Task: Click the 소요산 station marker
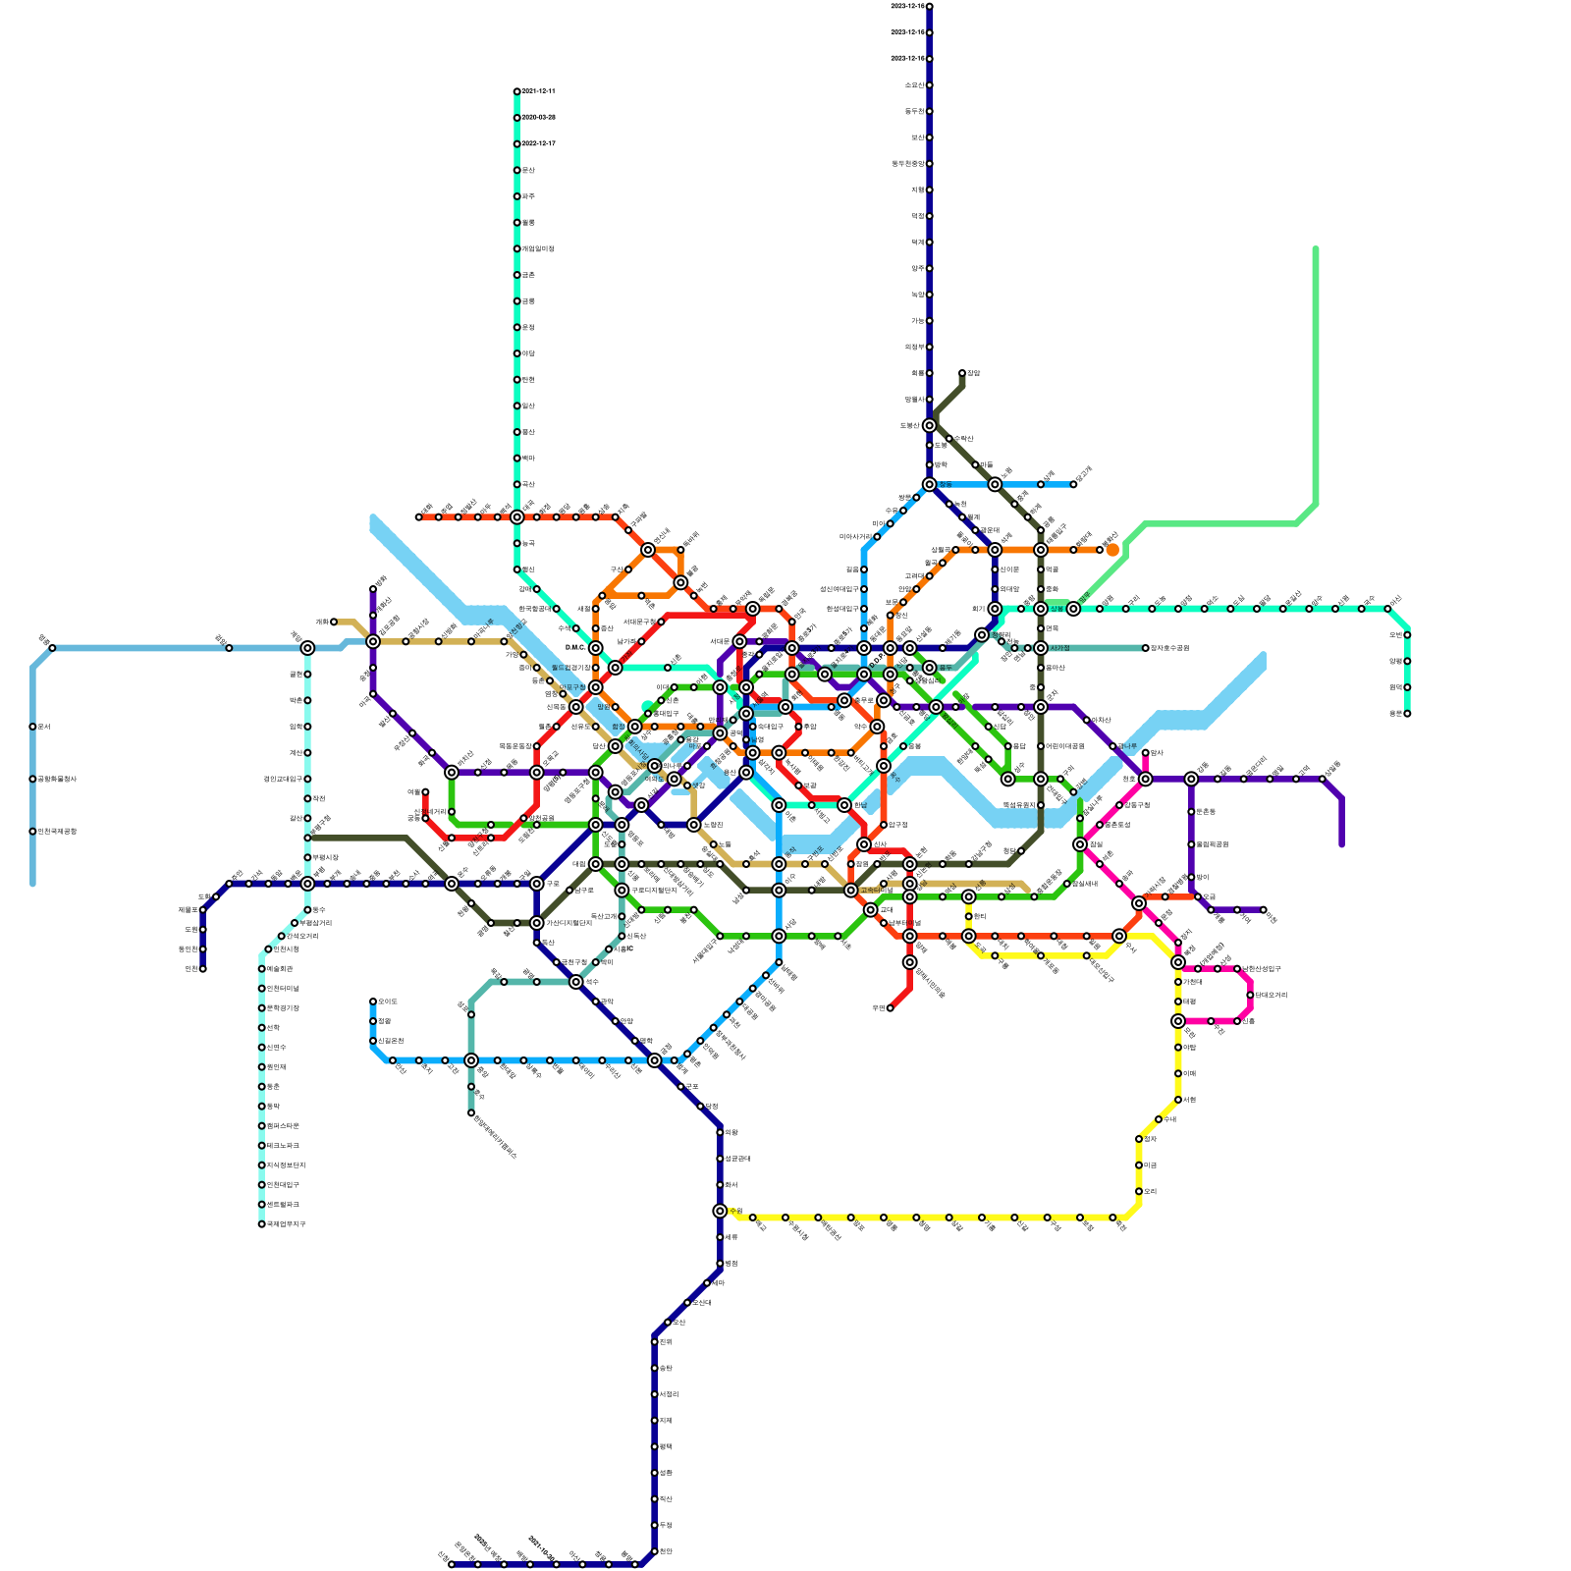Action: (x=929, y=85)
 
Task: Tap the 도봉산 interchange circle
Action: (x=929, y=425)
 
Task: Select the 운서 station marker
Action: (x=32, y=727)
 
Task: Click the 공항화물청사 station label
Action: (x=57, y=779)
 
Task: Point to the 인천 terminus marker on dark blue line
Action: (x=202, y=969)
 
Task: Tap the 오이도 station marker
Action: (x=373, y=1002)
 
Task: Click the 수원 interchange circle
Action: (x=720, y=1211)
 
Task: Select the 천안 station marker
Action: (x=654, y=1551)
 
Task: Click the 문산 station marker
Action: (x=516, y=170)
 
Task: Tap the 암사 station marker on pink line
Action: (x=1145, y=753)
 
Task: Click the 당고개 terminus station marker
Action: (x=1073, y=484)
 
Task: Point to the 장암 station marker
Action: (x=962, y=373)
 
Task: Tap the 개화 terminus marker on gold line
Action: (x=334, y=622)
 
